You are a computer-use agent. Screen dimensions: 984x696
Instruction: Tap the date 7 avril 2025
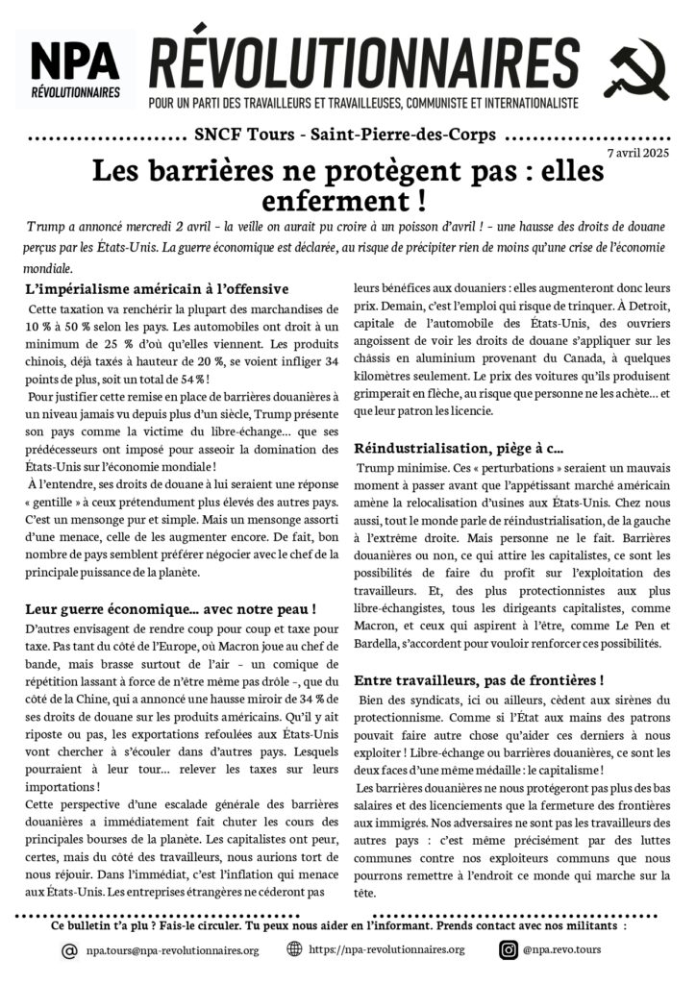point(638,153)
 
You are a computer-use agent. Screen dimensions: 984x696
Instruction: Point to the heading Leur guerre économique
point(172,609)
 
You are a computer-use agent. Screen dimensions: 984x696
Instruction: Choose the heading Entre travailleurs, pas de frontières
point(479,679)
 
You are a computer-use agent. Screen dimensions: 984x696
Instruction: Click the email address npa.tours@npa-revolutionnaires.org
point(172,950)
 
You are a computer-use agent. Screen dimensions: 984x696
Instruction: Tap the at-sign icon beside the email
point(69,950)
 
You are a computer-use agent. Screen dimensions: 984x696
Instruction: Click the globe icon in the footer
point(294,949)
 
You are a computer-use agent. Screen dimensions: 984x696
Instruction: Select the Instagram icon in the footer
point(509,950)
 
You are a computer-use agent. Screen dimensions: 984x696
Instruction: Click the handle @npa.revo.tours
point(564,950)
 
